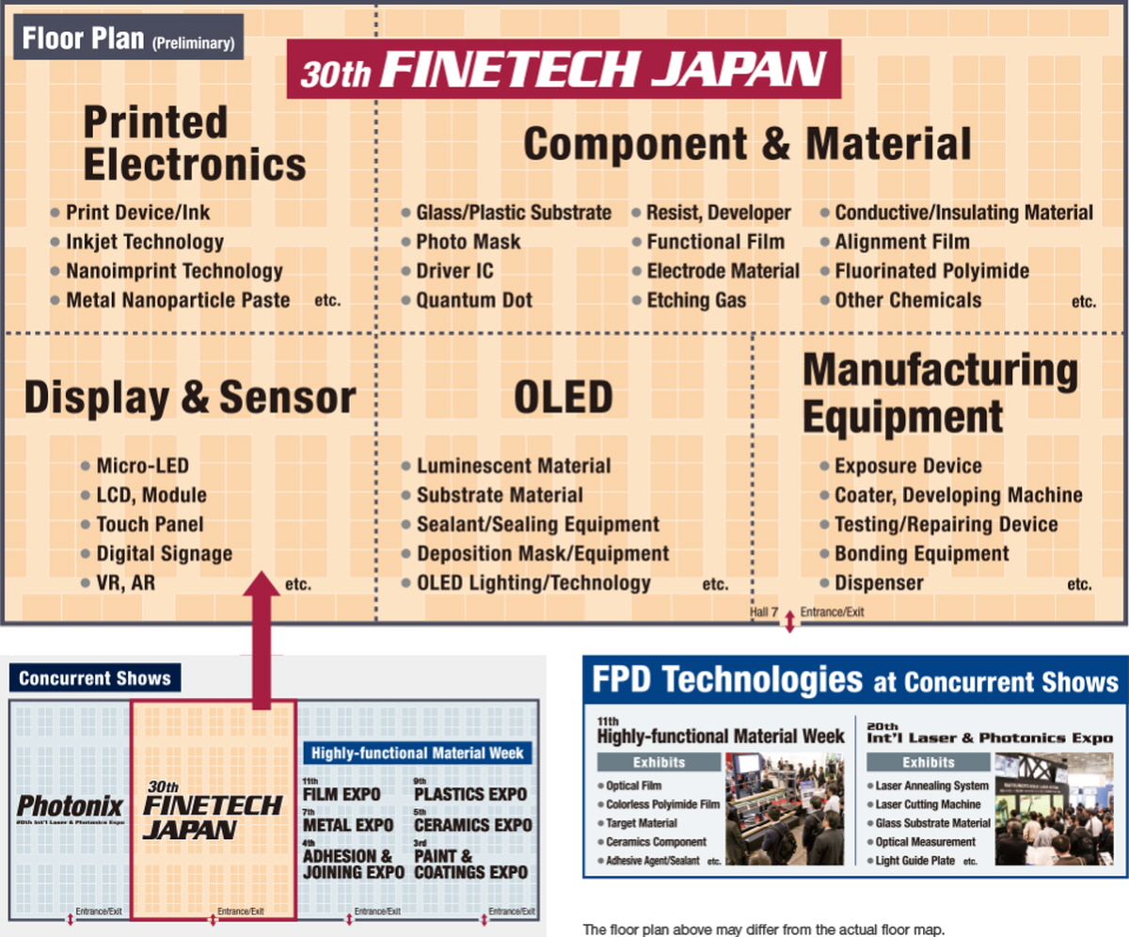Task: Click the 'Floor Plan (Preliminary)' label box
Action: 128,37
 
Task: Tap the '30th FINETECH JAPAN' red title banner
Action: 564,69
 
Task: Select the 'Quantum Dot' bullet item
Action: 473,300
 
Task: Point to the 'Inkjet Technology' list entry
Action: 144,242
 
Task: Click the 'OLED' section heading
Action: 563,397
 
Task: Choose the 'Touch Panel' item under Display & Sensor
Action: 150,524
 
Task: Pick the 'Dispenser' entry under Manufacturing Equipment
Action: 879,583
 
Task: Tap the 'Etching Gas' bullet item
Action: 696,300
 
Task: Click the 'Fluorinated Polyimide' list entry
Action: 931,271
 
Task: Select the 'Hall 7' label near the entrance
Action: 763,612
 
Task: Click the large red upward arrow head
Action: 262,584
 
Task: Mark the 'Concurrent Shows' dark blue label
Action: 95,678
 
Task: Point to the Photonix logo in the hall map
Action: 71,806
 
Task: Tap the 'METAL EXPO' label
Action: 348,825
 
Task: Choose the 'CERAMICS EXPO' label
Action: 473,825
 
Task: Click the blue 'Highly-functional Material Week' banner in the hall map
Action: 418,754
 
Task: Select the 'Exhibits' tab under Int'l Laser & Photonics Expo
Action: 929,762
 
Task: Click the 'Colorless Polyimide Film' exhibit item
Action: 662,804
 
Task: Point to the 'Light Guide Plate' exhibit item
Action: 914,861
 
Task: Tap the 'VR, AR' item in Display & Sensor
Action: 125,583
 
